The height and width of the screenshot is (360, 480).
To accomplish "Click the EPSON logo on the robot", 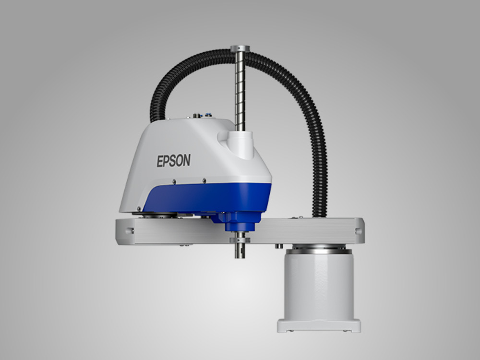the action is pyautogui.click(x=174, y=161).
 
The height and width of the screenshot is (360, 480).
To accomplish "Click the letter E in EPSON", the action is pyautogui.click(x=160, y=162).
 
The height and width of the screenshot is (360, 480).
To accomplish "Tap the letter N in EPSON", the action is pyautogui.click(x=186, y=160).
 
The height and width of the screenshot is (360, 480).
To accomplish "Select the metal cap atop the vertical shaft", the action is pyautogui.click(x=240, y=48).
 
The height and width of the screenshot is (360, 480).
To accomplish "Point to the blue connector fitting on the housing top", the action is pyautogui.click(x=208, y=115).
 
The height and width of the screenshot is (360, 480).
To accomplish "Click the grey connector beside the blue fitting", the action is pyautogui.click(x=197, y=116).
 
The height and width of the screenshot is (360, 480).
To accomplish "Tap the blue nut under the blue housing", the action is pyautogui.click(x=240, y=227).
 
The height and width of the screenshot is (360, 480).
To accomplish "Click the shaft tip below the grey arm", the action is pyautogui.click(x=240, y=251).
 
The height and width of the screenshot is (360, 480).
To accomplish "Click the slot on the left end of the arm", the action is pyautogui.click(x=129, y=231).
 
